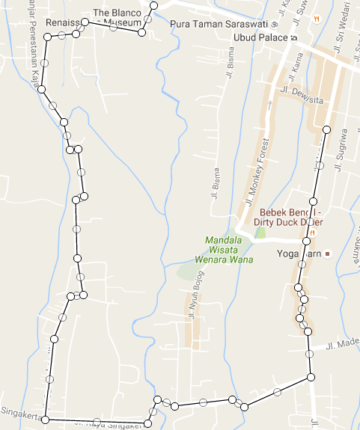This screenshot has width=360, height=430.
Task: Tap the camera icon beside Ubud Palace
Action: click(294, 38)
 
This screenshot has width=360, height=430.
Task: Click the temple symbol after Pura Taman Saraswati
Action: click(274, 24)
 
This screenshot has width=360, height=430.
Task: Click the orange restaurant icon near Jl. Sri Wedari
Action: click(317, 18)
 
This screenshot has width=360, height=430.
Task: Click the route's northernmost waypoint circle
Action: click(155, 6)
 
